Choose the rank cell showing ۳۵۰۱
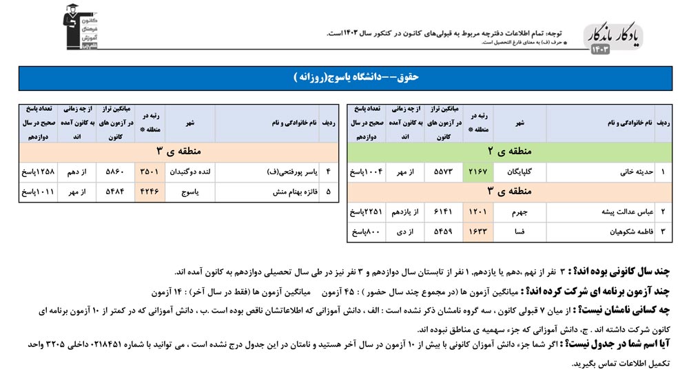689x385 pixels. click(x=151, y=171)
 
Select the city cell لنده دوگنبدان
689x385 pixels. click(x=189, y=171)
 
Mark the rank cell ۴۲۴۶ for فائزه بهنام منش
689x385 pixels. click(x=151, y=191)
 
